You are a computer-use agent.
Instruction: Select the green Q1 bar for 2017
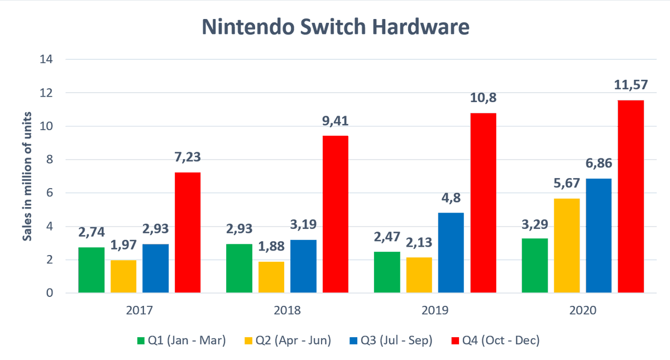pos(91,270)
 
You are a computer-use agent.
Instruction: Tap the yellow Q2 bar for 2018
pos(271,277)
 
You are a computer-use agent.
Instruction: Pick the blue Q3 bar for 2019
pos(451,253)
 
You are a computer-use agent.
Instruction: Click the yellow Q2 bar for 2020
pos(567,246)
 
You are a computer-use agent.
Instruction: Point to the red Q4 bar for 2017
pos(188,233)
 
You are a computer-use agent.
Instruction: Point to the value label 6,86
pos(598,166)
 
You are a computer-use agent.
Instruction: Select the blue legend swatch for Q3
pos(351,340)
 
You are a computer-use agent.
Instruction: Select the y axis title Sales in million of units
pos(26,176)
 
